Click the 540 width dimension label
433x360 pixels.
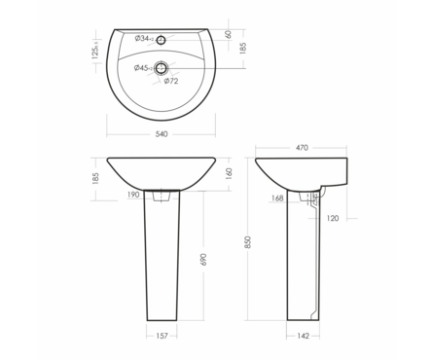tap(162, 134)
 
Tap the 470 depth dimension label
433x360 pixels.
tap(302, 148)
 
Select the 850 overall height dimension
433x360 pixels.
tap(248, 242)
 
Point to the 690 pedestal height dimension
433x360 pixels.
tap(203, 259)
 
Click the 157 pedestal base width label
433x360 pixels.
tap(162, 336)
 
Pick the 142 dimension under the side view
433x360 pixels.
tap(303, 336)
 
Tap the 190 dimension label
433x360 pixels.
tap(133, 195)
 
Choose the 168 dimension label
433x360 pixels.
tap(277, 198)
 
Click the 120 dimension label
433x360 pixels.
tap(333, 218)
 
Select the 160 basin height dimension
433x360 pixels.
tap(229, 174)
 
